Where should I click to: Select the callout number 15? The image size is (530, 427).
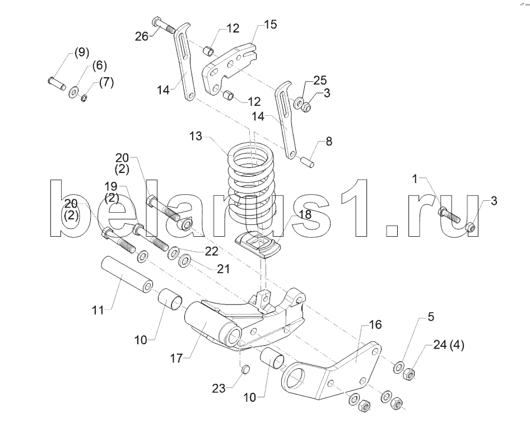pos(270,25)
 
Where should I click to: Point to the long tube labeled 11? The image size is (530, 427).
pos(126,275)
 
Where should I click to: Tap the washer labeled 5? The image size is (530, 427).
pos(398,367)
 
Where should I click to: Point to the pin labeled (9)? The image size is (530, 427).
pos(55,82)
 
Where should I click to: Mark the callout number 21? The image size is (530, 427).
pos(224,269)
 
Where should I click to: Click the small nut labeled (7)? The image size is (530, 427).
pos(85,99)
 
